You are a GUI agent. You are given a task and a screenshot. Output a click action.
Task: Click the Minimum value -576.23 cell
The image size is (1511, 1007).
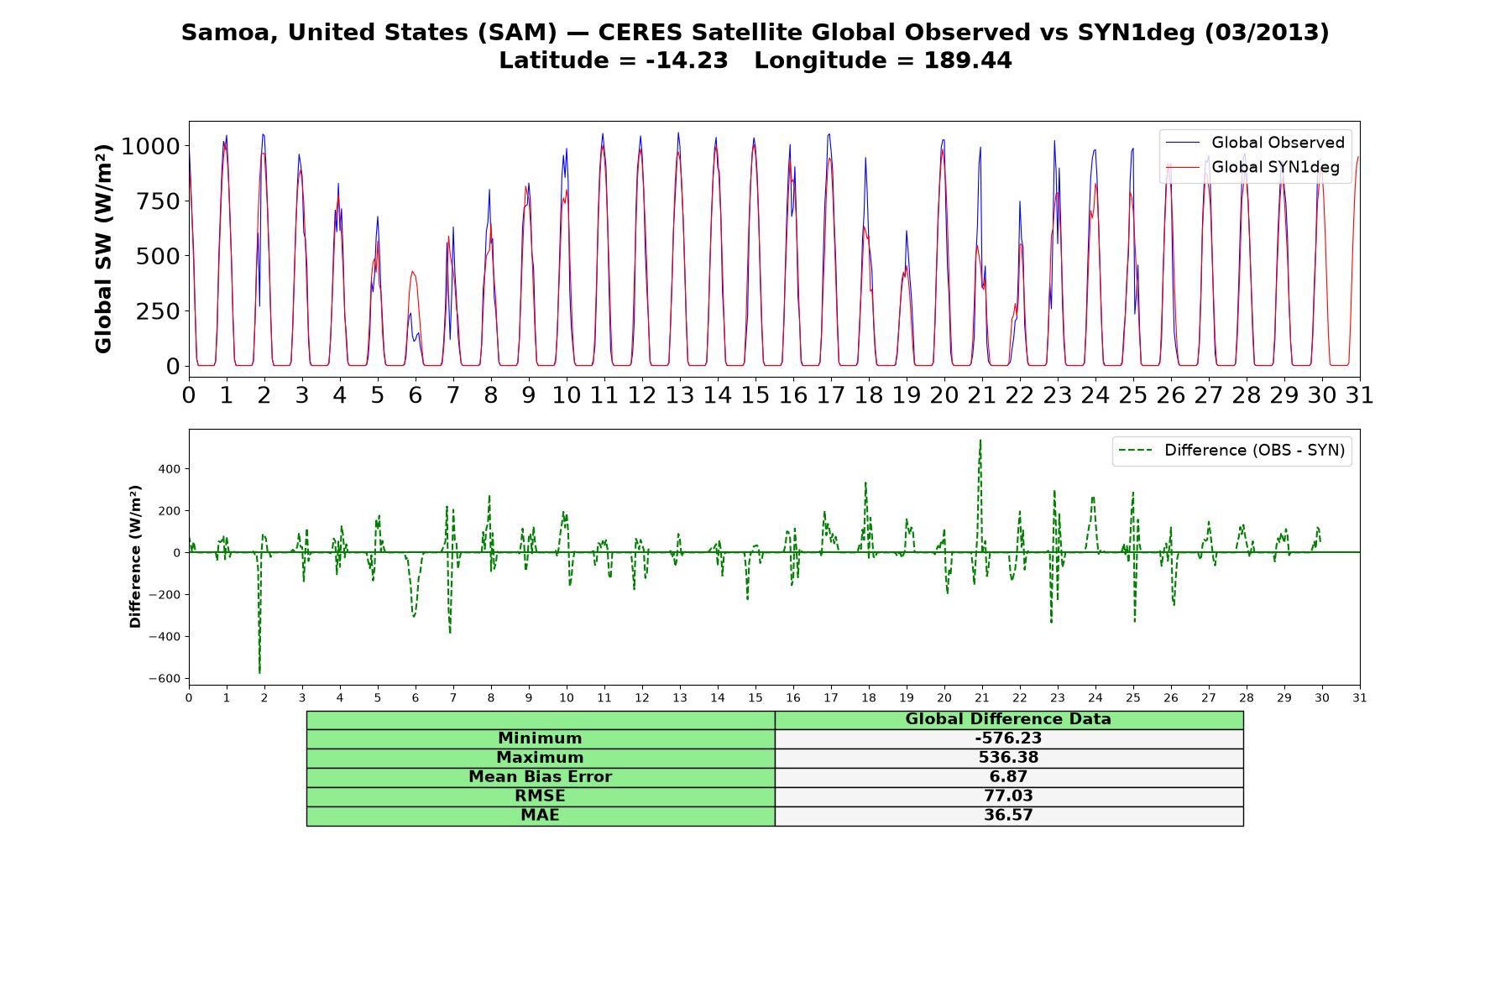pyautogui.click(x=1008, y=738)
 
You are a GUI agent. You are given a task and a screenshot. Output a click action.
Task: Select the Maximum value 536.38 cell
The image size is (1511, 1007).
pyautogui.click(x=1008, y=758)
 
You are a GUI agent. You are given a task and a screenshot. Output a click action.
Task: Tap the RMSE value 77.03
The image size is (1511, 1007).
pyautogui.click(x=1008, y=796)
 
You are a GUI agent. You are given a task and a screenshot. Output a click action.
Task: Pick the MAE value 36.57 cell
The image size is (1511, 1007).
pyautogui.click(x=1008, y=815)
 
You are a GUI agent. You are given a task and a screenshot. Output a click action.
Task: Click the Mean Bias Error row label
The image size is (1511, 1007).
pyautogui.click(x=541, y=777)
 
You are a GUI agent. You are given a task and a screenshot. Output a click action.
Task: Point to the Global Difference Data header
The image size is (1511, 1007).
pyautogui.click(x=1008, y=719)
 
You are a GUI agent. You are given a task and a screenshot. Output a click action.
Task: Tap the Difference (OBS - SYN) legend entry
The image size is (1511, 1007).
pyautogui.click(x=1232, y=451)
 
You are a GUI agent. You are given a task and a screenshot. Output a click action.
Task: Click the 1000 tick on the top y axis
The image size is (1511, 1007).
pyautogui.click(x=151, y=146)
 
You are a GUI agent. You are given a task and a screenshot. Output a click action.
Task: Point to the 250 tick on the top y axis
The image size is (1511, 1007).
pyautogui.click(x=159, y=311)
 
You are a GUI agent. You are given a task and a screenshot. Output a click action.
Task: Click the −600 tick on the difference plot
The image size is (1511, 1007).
pyautogui.click(x=165, y=679)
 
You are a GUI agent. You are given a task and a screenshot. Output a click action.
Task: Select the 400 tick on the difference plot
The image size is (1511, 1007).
pyautogui.click(x=170, y=469)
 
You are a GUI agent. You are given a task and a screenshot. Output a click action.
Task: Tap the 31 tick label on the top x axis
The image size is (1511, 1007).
pyautogui.click(x=1360, y=395)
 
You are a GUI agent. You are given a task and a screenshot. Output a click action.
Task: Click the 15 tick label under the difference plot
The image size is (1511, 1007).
pyautogui.click(x=755, y=698)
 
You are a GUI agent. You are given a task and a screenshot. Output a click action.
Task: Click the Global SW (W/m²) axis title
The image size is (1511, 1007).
pyautogui.click(x=103, y=249)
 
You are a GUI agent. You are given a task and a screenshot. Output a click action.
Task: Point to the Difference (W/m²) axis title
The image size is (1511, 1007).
pyautogui.click(x=135, y=556)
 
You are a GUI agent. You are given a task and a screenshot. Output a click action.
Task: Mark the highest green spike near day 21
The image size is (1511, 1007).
pyautogui.click(x=980, y=440)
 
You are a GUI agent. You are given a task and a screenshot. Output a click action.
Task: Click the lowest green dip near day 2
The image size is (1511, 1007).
pyautogui.click(x=259, y=672)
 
